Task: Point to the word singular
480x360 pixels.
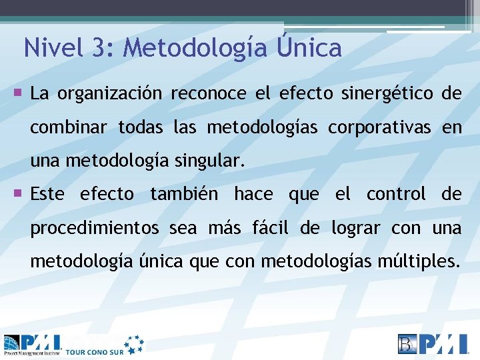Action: (213, 161)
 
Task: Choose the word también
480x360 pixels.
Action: (187, 194)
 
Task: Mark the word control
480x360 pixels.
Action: (396, 194)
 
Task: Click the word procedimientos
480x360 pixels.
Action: (95, 228)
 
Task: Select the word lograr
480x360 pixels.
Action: (356, 228)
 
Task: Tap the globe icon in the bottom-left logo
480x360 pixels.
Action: (11, 343)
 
